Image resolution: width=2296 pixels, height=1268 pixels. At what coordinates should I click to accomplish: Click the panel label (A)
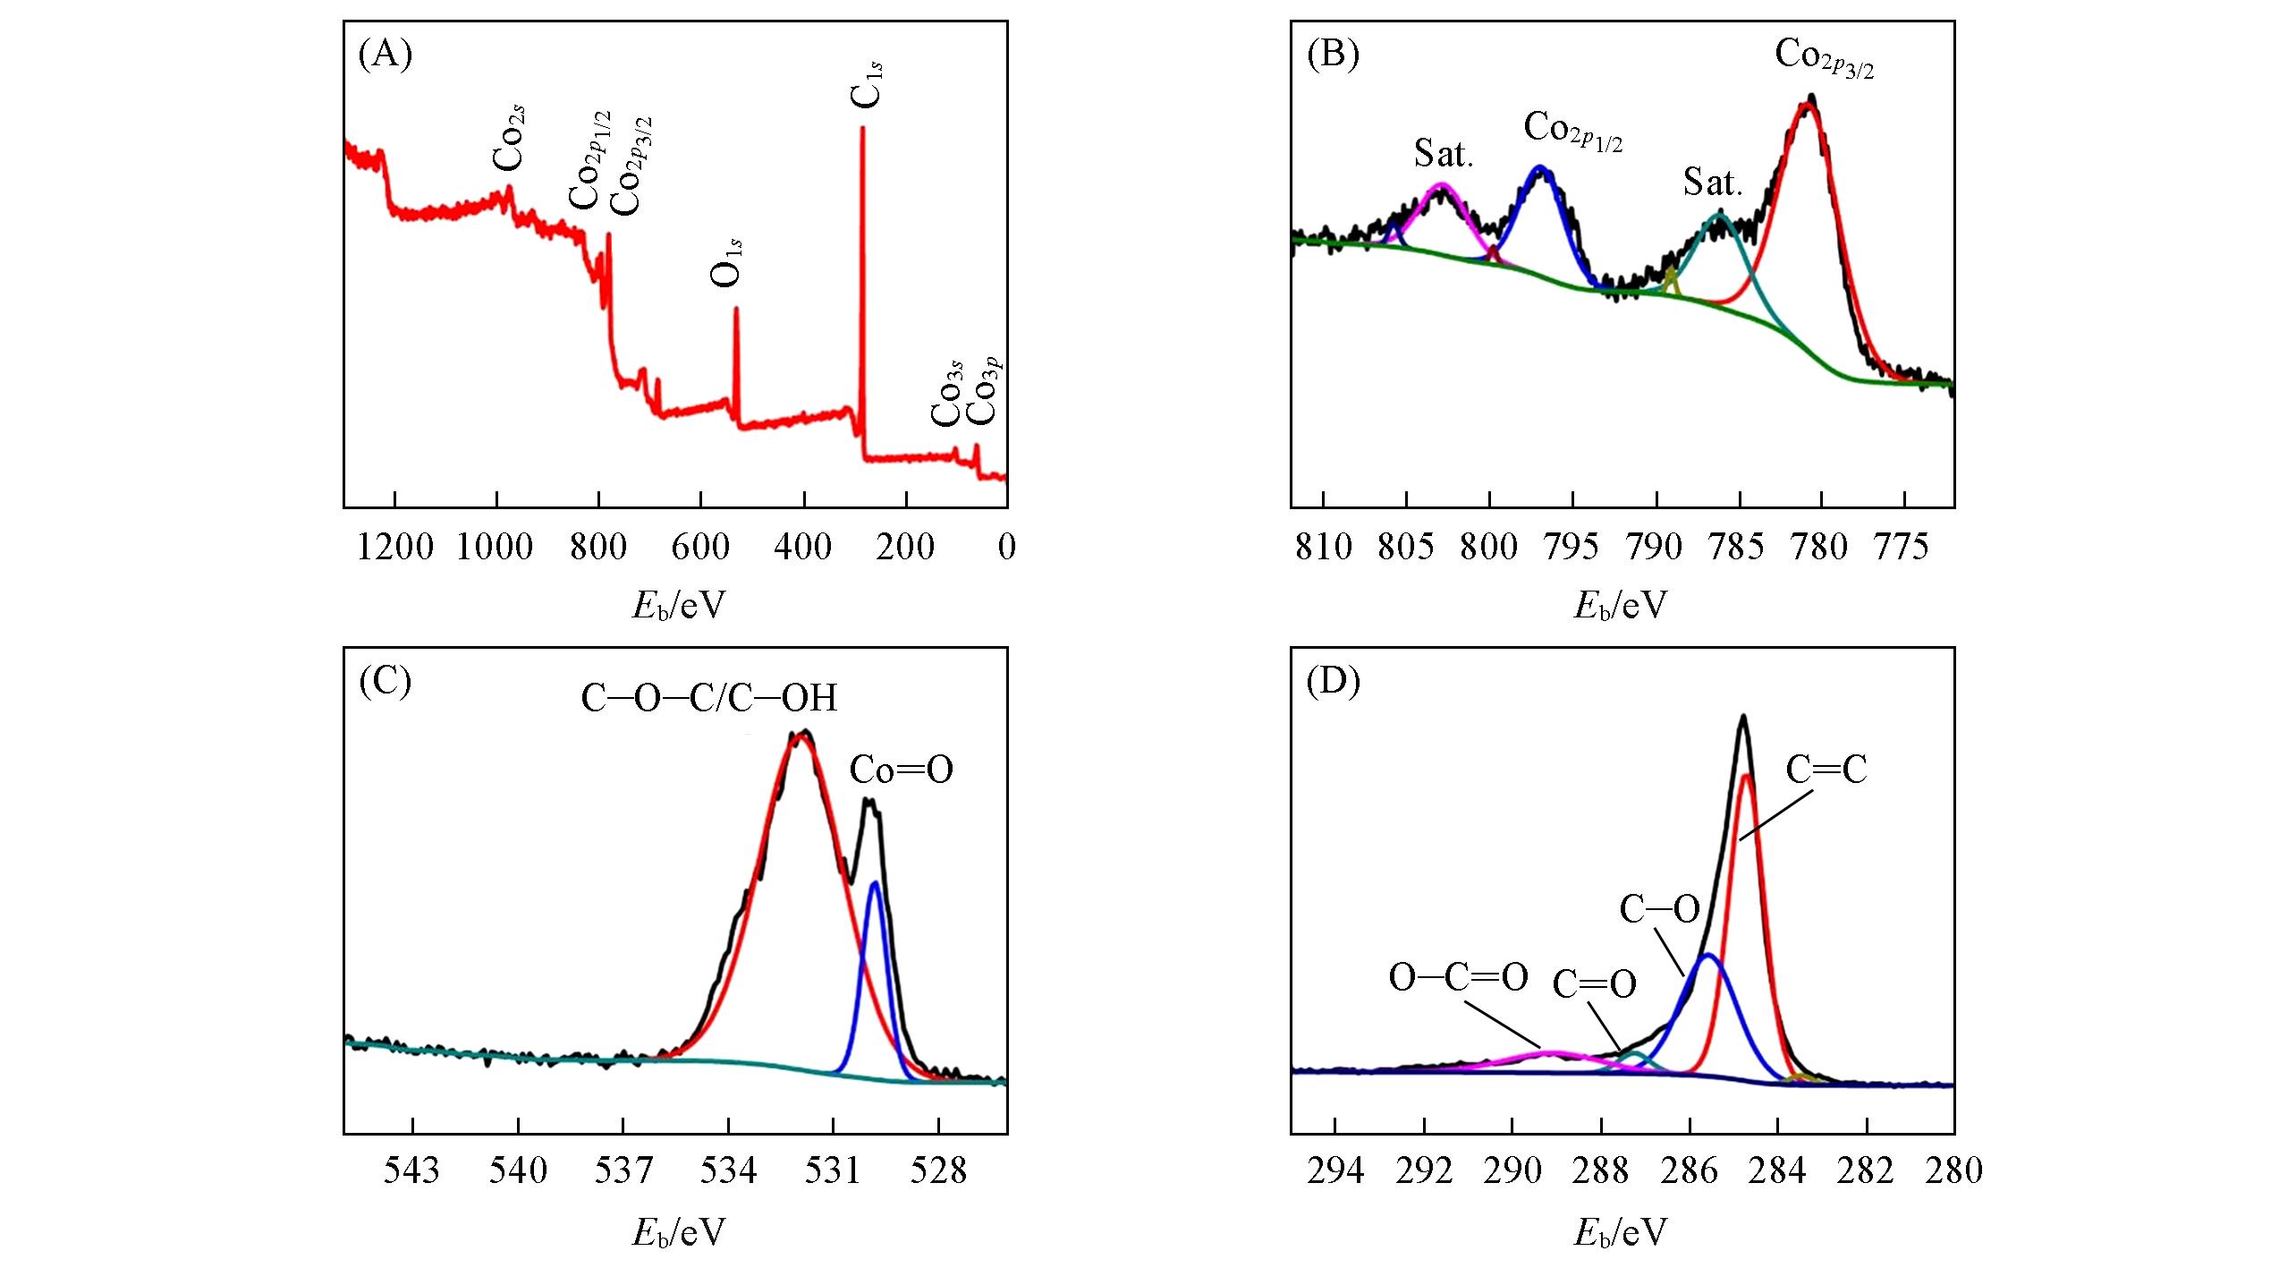(x=385, y=55)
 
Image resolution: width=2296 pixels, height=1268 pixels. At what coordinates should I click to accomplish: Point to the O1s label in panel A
(x=727, y=262)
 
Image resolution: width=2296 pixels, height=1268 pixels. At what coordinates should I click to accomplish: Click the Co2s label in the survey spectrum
(x=509, y=139)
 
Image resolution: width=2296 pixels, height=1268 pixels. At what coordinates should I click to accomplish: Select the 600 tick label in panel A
(x=700, y=546)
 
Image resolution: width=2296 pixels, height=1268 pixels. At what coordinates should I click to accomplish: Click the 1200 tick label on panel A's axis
(x=394, y=546)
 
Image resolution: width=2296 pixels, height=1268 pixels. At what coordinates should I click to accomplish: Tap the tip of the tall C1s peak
(x=862, y=128)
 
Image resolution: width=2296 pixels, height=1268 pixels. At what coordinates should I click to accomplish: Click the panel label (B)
(x=1333, y=55)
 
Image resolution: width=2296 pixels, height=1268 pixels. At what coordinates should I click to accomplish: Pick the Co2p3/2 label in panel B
(x=1824, y=57)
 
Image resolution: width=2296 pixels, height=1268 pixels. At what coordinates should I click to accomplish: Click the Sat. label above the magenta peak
(x=1443, y=154)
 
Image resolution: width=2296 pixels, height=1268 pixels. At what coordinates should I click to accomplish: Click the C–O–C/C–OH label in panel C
(x=709, y=699)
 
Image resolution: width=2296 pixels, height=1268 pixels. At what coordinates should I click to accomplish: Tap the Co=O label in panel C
(x=901, y=770)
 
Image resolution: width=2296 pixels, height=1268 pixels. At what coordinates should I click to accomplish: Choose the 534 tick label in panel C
(x=729, y=1170)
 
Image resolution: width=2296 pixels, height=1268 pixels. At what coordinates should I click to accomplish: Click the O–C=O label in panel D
(x=1458, y=977)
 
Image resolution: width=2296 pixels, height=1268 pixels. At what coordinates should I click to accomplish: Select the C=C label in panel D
(x=1826, y=770)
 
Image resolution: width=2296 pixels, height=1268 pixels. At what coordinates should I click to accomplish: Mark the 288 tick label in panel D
(x=1600, y=1170)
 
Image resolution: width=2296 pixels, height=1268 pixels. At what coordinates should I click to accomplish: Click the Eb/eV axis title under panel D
(x=1621, y=1233)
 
